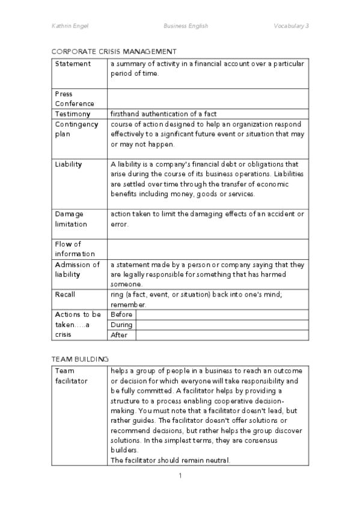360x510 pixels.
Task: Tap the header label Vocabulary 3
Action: click(291, 26)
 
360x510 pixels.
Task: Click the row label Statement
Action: click(73, 64)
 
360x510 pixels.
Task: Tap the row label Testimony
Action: click(73, 114)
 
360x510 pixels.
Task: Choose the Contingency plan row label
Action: click(76, 129)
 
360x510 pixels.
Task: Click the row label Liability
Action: click(69, 164)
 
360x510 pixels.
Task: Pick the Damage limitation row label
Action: click(71, 219)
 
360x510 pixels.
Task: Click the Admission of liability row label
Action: click(77, 269)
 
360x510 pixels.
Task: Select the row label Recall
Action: click(65, 295)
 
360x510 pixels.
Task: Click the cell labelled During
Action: click(121, 325)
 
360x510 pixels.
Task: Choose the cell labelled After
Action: click(119, 335)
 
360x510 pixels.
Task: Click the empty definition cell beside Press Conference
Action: click(207, 99)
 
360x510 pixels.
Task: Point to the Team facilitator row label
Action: click(71, 376)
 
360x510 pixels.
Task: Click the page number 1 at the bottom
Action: click(180, 476)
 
